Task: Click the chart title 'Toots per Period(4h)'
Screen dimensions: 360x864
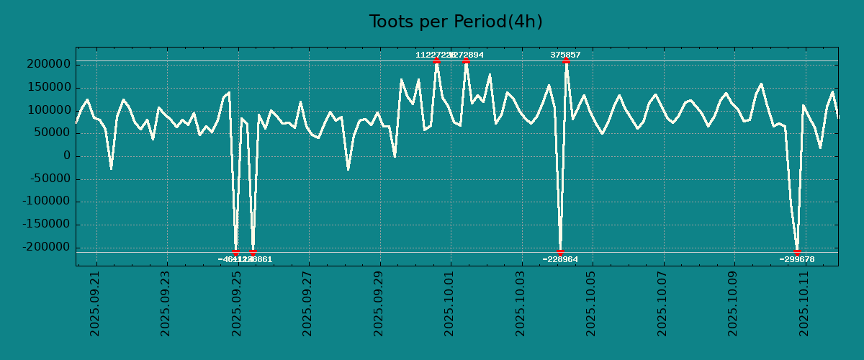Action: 456,22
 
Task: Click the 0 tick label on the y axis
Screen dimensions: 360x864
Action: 66,156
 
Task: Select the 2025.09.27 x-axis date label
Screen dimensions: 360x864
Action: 307,303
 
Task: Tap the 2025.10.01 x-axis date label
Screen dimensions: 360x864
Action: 449,303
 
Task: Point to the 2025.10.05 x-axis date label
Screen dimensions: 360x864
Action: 590,303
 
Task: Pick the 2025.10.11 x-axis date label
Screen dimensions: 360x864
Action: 803,303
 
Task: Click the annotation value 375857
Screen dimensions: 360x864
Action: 565,55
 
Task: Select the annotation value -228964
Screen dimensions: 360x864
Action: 560,259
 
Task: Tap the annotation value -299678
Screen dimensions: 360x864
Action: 797,259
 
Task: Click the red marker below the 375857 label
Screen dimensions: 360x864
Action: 566,60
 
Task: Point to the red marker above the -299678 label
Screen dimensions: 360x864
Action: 797,252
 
